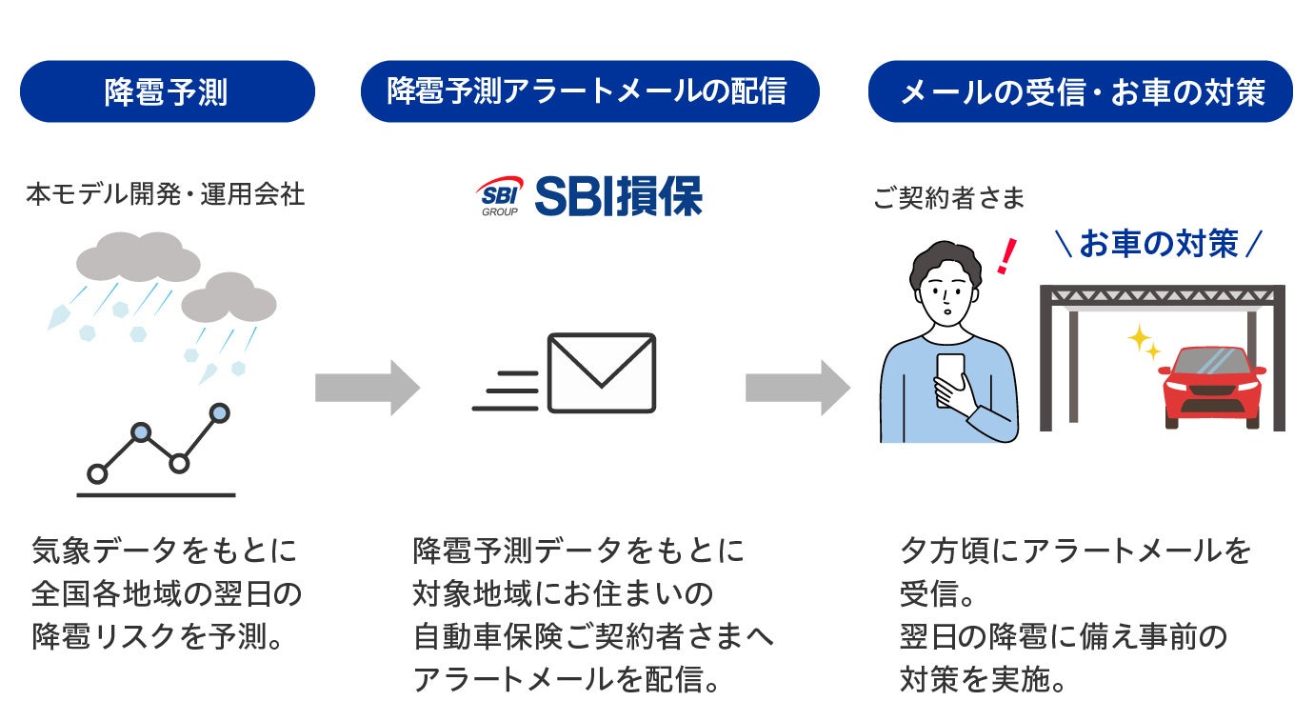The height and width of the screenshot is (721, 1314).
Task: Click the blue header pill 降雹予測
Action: click(167, 91)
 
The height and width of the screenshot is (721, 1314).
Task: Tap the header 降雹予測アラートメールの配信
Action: click(589, 91)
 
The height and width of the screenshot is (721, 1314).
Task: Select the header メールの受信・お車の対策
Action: click(1081, 91)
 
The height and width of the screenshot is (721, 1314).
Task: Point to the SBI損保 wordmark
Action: click(618, 195)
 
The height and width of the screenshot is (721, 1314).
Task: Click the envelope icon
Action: click(602, 372)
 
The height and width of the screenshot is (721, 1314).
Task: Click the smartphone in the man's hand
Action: click(949, 377)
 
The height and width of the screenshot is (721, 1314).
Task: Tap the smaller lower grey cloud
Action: click(229, 298)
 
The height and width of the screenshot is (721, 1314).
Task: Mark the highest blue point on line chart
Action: click(220, 412)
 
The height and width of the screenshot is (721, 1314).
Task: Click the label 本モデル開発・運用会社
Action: click(166, 195)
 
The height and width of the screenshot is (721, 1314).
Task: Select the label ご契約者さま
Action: click(949, 198)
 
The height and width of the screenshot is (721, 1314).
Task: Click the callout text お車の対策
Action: click(1159, 244)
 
